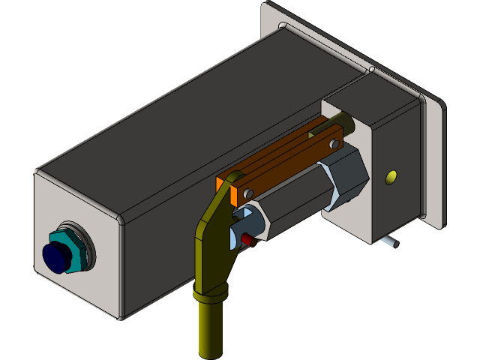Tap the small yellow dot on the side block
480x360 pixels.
click(x=390, y=178)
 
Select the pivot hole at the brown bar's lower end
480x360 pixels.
click(x=247, y=194)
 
